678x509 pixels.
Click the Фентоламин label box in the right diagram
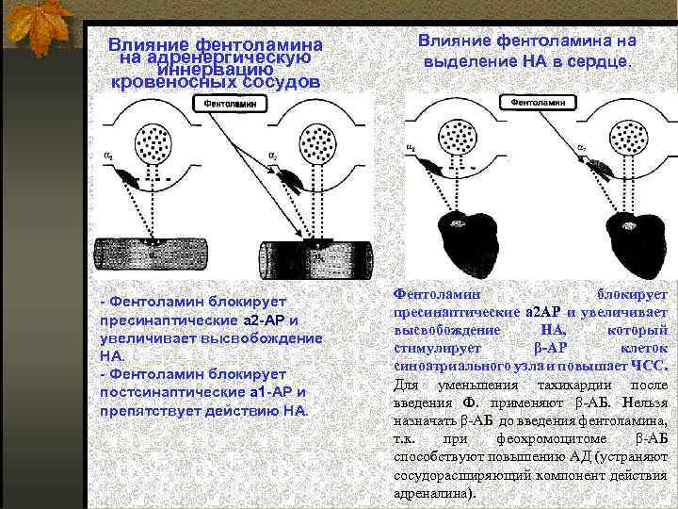coord(538,100)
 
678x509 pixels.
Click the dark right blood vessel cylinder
coord(315,255)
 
